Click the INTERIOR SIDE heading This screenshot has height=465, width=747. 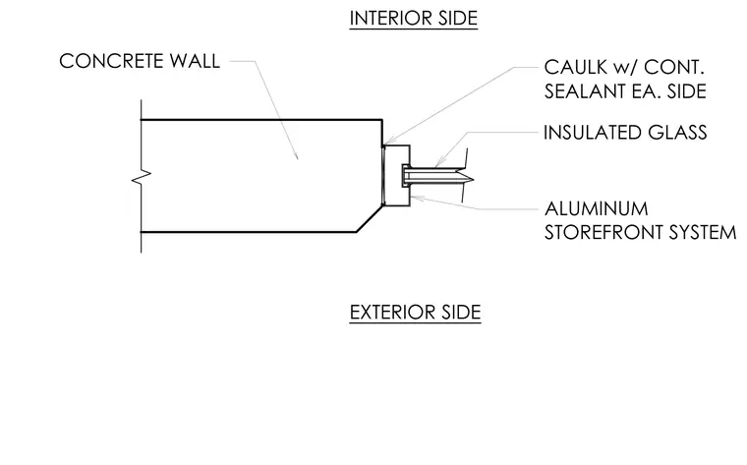[x=414, y=19]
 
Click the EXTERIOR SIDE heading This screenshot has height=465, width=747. [x=415, y=313]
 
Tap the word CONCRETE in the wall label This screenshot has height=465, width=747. [x=111, y=61]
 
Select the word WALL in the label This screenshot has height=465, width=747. [x=195, y=61]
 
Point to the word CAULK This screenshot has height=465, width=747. [x=576, y=67]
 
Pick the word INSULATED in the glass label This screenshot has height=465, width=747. [x=592, y=133]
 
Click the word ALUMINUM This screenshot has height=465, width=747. [x=596, y=208]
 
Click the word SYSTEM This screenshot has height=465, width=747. [x=703, y=232]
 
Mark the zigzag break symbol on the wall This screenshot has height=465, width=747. [x=141, y=177]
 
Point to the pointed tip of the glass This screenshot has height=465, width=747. [x=473, y=180]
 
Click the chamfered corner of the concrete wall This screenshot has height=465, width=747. [x=370, y=218]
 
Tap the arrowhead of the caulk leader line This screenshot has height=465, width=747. [x=387, y=141]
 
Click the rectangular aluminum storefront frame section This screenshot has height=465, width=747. [x=396, y=175]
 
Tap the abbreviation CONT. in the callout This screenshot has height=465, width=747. [x=673, y=67]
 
